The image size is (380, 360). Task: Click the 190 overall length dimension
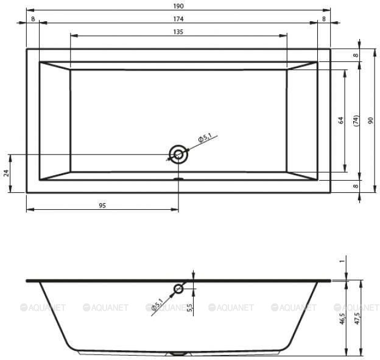[x=178, y=6]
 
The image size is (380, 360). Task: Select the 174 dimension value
[x=178, y=19]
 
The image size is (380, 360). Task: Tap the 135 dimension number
[x=178, y=32]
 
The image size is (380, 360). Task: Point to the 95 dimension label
[x=102, y=206]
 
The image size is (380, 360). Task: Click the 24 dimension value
[x=6, y=173]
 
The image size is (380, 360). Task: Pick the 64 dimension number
[x=341, y=120]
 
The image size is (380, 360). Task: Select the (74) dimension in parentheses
[x=356, y=120]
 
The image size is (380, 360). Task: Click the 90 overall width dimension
[x=370, y=120]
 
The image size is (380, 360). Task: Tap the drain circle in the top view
[x=178, y=154]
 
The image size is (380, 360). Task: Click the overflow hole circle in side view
[x=178, y=289]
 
